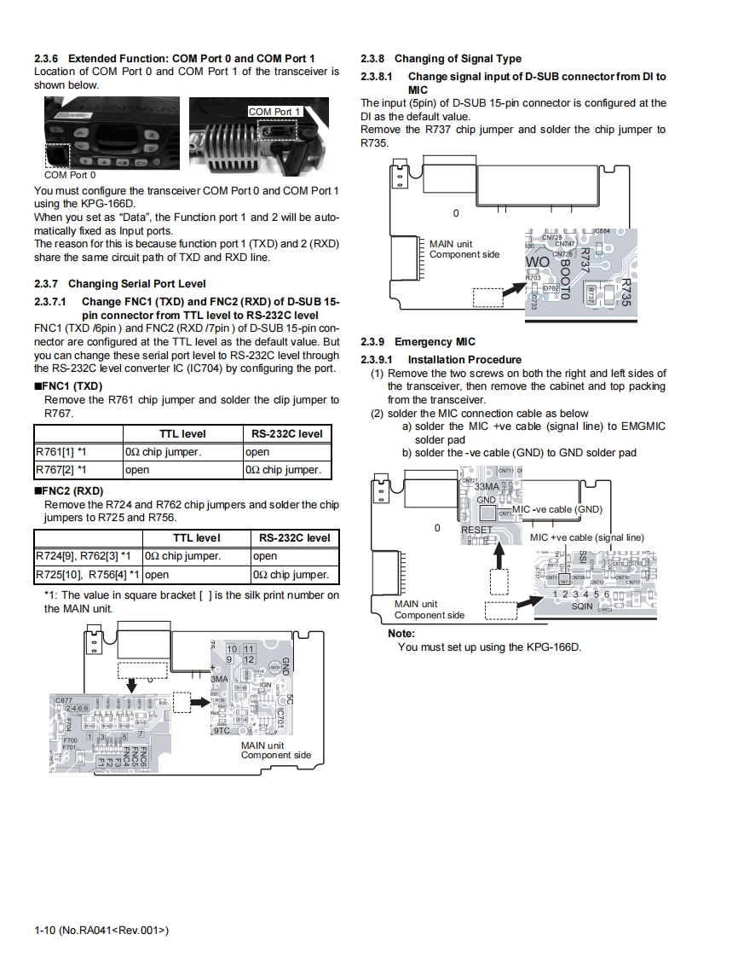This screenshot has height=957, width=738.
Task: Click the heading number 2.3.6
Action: click(47, 58)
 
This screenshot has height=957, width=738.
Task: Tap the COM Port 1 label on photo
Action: click(274, 112)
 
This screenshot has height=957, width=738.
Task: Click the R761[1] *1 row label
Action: click(62, 452)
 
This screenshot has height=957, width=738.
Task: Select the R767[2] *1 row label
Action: click(62, 470)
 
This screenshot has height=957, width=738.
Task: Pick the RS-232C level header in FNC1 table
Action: click(287, 433)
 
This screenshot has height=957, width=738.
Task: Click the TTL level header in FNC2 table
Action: click(196, 538)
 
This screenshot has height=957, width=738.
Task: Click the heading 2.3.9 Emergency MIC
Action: click(418, 342)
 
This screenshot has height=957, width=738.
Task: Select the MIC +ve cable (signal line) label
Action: click(586, 537)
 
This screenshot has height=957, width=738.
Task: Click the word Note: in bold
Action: click(401, 634)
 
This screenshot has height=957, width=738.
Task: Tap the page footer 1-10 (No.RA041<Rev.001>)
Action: click(101, 930)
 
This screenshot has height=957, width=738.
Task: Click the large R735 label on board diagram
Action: click(627, 293)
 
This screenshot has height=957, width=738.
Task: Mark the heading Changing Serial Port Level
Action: click(136, 283)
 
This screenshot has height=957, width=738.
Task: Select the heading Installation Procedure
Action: click(464, 360)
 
